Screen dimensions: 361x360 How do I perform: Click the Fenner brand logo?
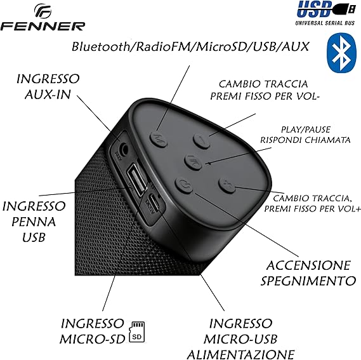tap(43, 17)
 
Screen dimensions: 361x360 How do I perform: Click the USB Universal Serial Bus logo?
tap(326, 13)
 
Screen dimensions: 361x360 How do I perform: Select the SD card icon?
tap(137, 332)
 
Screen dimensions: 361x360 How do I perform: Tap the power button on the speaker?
tap(183, 185)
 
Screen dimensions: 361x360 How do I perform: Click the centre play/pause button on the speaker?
tap(194, 162)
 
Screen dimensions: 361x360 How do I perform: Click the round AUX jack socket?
tap(123, 148)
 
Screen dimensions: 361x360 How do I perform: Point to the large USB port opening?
tap(136, 178)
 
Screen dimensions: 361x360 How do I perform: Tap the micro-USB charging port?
tap(154, 203)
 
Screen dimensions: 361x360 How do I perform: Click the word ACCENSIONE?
tap(308, 265)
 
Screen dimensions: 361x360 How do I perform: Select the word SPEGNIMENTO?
tap(308, 281)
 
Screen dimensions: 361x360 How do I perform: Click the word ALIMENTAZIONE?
tap(240, 354)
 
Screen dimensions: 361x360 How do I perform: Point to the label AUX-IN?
tap(47, 94)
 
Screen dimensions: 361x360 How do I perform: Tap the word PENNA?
tap(34, 222)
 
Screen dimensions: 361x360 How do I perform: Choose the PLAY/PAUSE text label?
tap(306, 130)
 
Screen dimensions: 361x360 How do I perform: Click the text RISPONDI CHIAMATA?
tap(305, 140)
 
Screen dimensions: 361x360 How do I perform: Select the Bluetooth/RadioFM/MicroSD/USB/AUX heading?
tap(190, 46)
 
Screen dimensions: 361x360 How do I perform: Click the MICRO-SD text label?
tap(92, 339)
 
